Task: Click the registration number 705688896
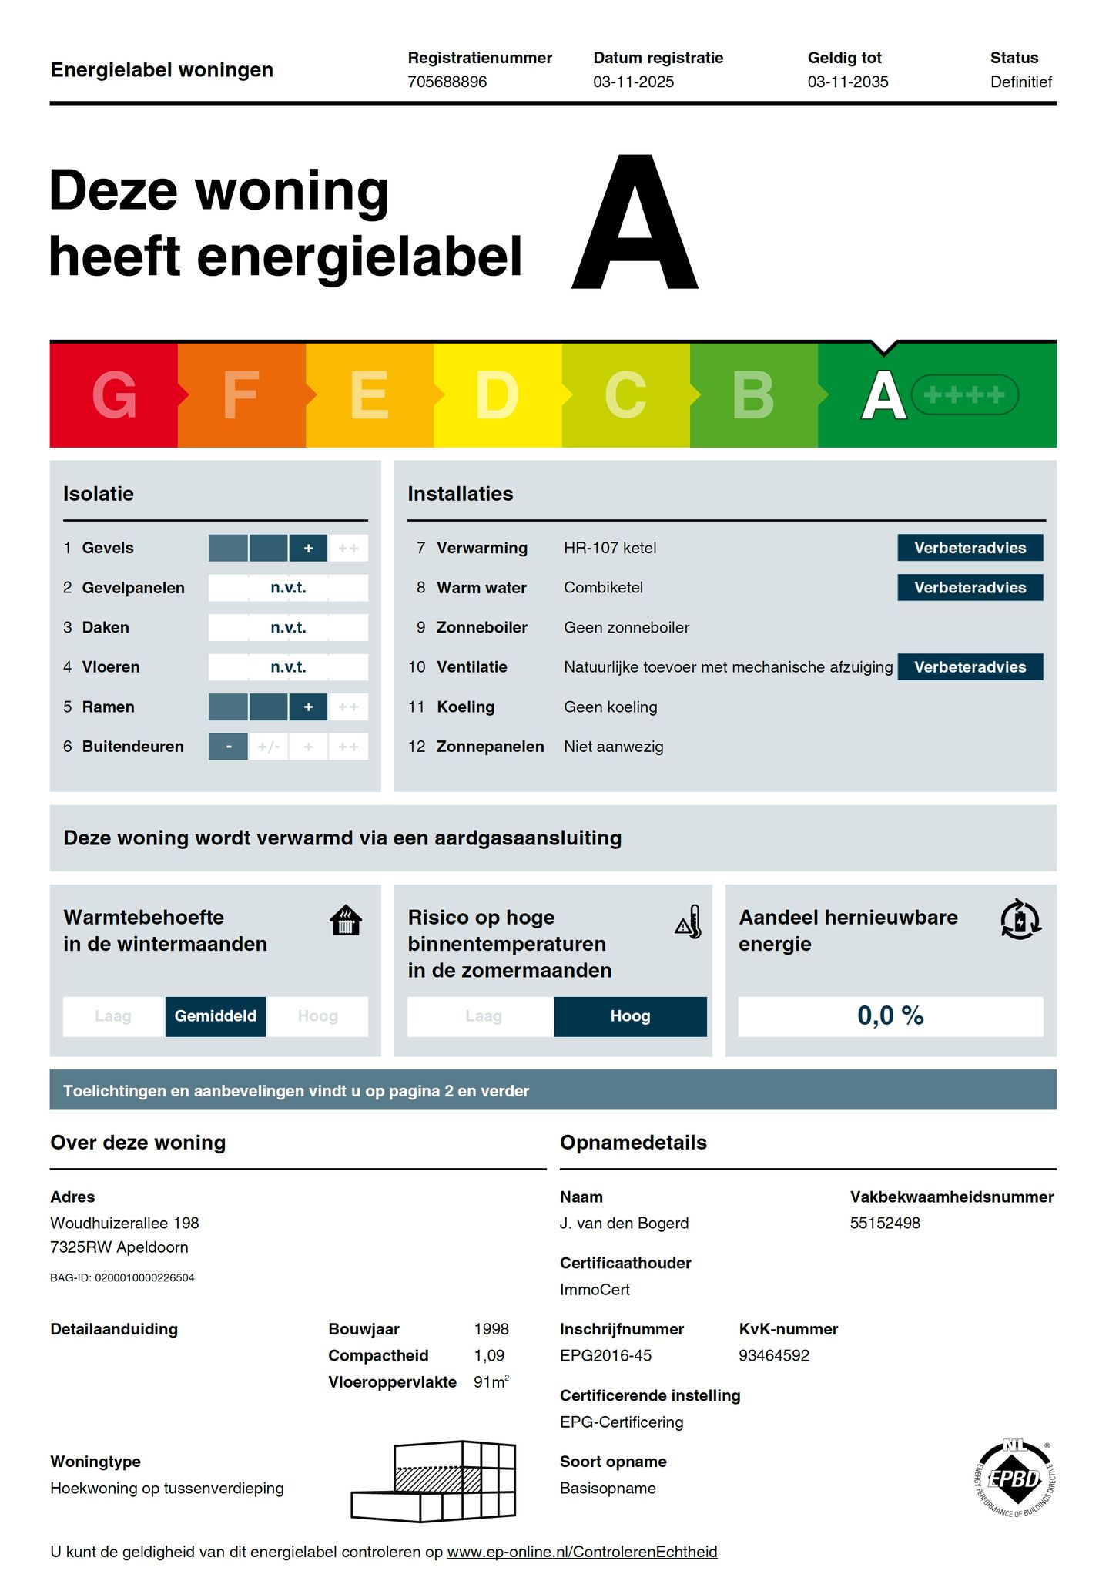[x=447, y=82]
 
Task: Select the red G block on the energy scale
[x=114, y=394]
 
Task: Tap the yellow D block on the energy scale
[x=498, y=394]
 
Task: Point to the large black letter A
[x=635, y=223]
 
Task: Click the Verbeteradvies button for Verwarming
[x=970, y=548]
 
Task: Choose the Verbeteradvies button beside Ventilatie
[x=970, y=667]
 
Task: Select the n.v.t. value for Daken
[x=288, y=627]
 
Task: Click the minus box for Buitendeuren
[x=229, y=747]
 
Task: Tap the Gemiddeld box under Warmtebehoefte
[x=216, y=1016]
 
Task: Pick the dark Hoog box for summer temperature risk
[x=630, y=1016]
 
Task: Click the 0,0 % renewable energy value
[x=890, y=1016]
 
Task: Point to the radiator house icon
[x=346, y=920]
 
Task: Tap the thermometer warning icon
[x=689, y=921]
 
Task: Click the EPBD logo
[x=1014, y=1479]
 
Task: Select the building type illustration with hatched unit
[x=434, y=1481]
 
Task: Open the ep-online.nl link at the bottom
[x=582, y=1552]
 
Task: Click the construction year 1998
[x=491, y=1329]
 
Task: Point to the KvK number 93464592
[x=774, y=1355]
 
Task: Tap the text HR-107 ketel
[x=610, y=548]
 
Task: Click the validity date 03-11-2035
[x=848, y=82]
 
